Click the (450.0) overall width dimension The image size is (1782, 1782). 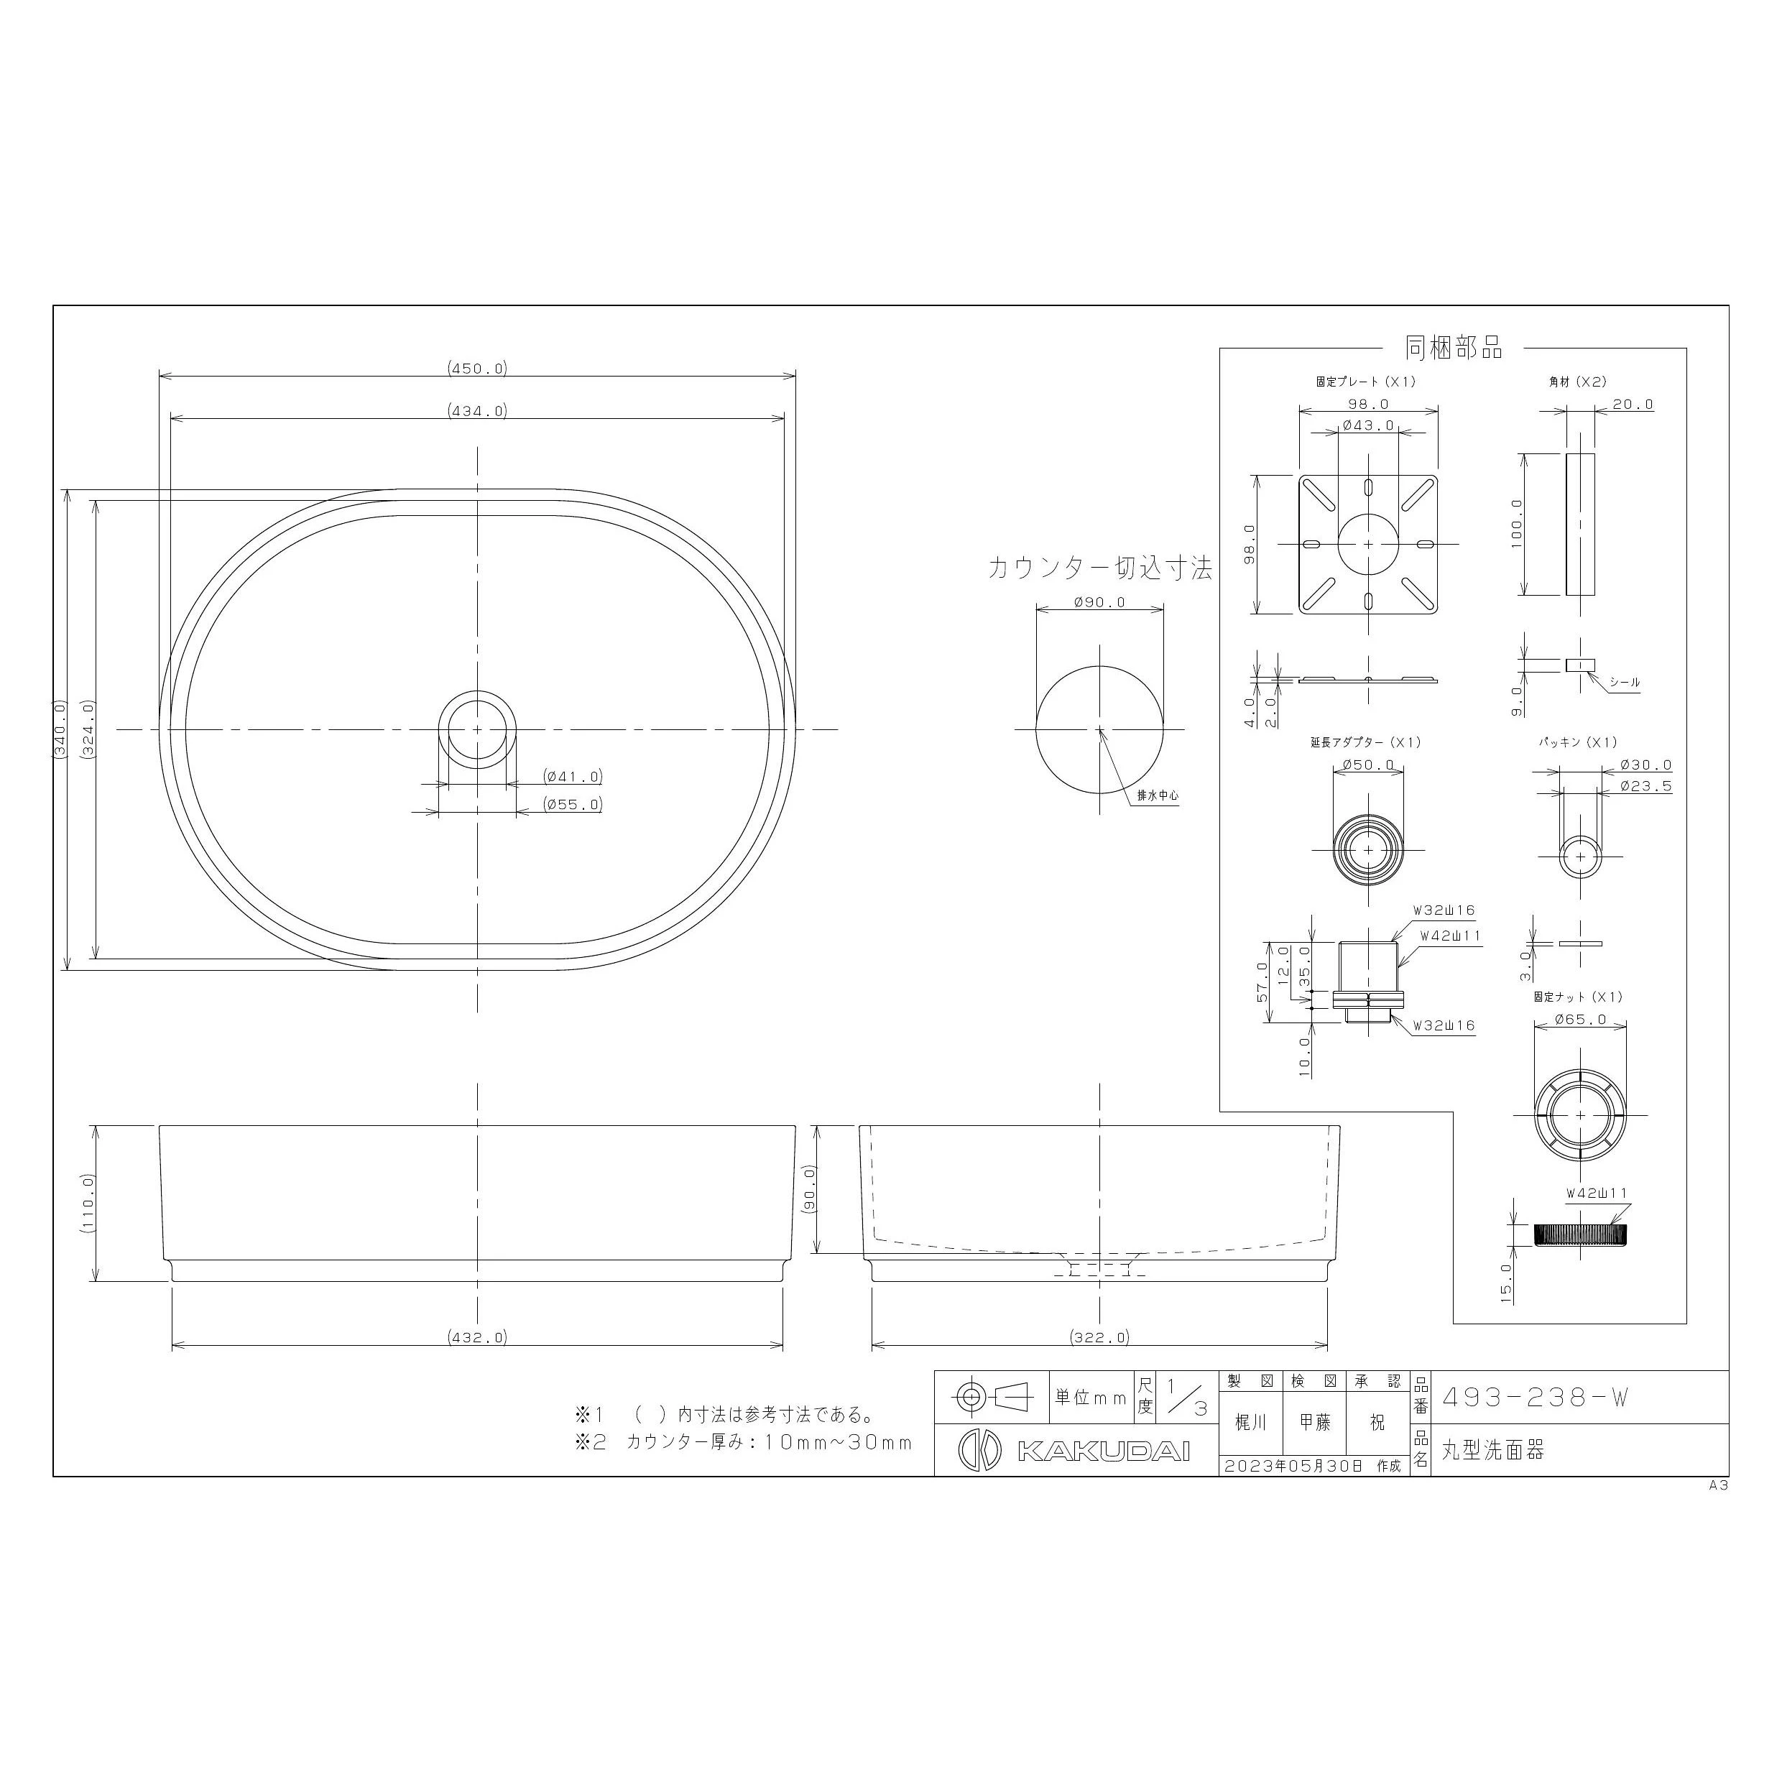coord(478,369)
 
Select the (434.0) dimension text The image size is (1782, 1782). coord(478,412)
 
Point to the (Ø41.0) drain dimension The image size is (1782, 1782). coord(573,777)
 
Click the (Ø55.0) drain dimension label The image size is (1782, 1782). coord(573,804)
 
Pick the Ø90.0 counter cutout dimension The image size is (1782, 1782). coord(1099,602)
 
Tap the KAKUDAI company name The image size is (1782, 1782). coord(1102,1451)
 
